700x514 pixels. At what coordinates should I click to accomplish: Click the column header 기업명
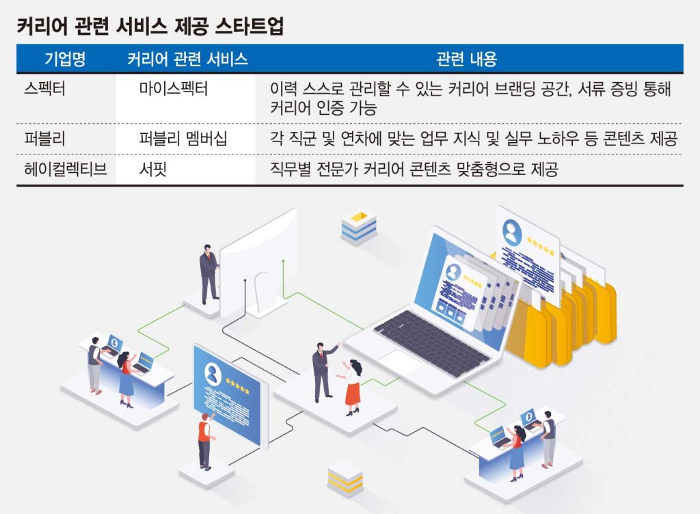point(65,59)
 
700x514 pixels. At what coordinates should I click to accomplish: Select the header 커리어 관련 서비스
point(187,59)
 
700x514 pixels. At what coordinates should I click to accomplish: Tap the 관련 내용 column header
point(466,59)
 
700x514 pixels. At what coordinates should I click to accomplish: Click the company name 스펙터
point(44,88)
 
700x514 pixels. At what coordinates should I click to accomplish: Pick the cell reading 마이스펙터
point(173,88)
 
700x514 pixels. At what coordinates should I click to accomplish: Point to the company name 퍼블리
point(44,138)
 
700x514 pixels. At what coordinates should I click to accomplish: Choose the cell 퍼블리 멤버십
point(183,138)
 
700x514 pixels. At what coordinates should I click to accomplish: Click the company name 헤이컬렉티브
point(66,169)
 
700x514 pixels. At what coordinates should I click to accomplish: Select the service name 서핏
point(152,169)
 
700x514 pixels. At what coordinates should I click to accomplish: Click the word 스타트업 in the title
point(249,26)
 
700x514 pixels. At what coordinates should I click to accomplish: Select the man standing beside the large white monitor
point(208,273)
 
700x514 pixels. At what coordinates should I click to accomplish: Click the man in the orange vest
point(205,441)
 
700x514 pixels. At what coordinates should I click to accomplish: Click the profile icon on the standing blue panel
point(213,374)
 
